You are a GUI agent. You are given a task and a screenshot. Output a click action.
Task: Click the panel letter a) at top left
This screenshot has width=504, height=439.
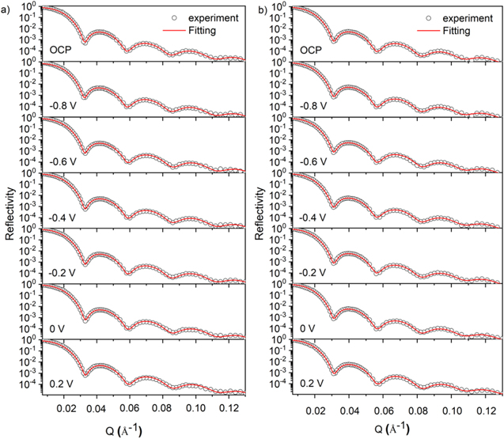(6, 9)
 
